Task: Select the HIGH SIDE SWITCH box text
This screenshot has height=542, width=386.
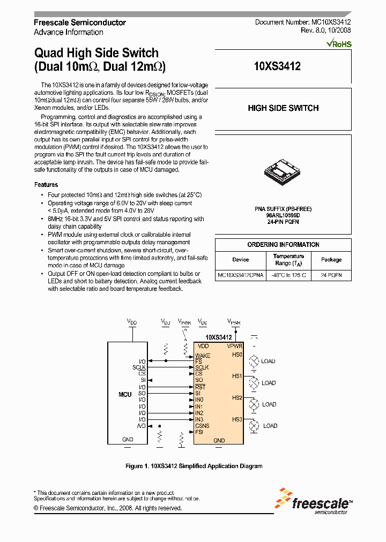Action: click(x=283, y=108)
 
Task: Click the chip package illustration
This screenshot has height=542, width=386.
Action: click(x=283, y=170)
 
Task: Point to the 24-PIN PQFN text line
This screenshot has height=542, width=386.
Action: click(x=283, y=221)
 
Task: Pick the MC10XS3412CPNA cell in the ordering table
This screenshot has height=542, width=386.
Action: click(x=241, y=275)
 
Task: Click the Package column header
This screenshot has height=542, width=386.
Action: click(x=331, y=260)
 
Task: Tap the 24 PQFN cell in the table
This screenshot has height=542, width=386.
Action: click(x=331, y=275)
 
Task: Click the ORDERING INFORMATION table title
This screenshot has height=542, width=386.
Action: click(x=283, y=245)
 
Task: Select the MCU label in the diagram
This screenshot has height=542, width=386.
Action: click(x=125, y=395)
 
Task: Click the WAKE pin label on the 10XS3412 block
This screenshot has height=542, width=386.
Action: click(x=203, y=355)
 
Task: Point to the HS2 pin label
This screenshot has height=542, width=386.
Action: click(x=237, y=398)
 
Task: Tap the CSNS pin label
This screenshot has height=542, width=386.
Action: click(x=202, y=426)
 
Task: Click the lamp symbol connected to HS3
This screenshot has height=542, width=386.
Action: click(x=255, y=426)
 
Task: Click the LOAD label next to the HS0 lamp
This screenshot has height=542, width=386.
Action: click(x=268, y=362)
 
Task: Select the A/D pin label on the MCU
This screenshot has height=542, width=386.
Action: click(x=142, y=426)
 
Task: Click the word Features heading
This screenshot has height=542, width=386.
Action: click(x=46, y=185)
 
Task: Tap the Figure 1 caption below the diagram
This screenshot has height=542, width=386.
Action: click(x=194, y=466)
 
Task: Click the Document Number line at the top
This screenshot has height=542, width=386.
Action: click(x=303, y=22)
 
